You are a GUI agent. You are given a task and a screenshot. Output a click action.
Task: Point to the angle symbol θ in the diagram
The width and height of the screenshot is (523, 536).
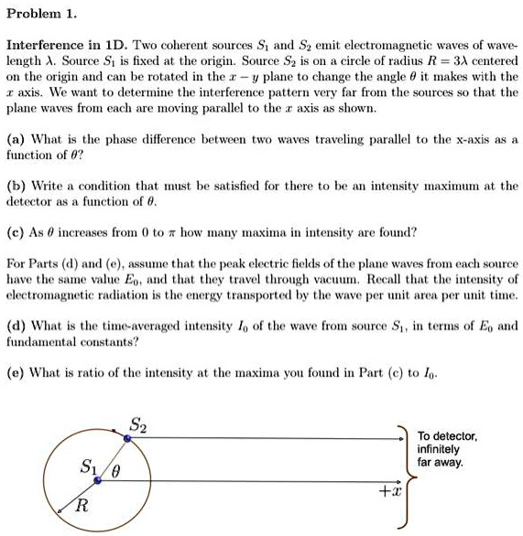click(x=116, y=473)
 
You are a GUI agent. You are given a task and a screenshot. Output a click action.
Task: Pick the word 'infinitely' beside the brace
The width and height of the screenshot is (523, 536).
click(x=440, y=450)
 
